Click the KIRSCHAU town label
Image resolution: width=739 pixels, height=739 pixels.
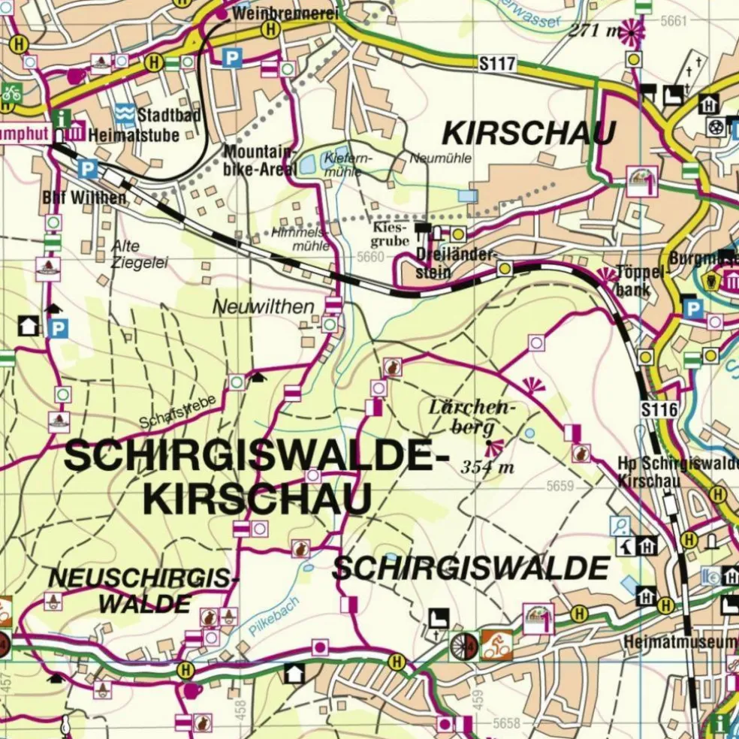click(x=529, y=134)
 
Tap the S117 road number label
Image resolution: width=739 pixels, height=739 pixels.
click(x=496, y=65)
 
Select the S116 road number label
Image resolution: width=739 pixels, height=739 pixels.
click(x=659, y=410)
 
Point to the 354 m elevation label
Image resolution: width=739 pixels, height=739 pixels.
click(x=487, y=467)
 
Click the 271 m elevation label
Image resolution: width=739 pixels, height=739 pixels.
click(x=595, y=30)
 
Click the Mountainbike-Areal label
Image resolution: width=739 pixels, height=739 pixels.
click(x=260, y=160)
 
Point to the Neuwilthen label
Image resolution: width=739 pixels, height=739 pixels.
click(x=252, y=306)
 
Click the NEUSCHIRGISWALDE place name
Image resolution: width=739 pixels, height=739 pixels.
click(x=143, y=590)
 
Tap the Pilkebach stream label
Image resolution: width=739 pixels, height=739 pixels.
click(x=274, y=617)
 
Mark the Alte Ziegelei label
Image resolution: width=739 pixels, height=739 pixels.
click(x=139, y=254)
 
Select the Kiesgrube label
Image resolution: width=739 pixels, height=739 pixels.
click(x=391, y=234)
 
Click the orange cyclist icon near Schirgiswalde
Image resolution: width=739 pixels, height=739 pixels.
click(x=496, y=644)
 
